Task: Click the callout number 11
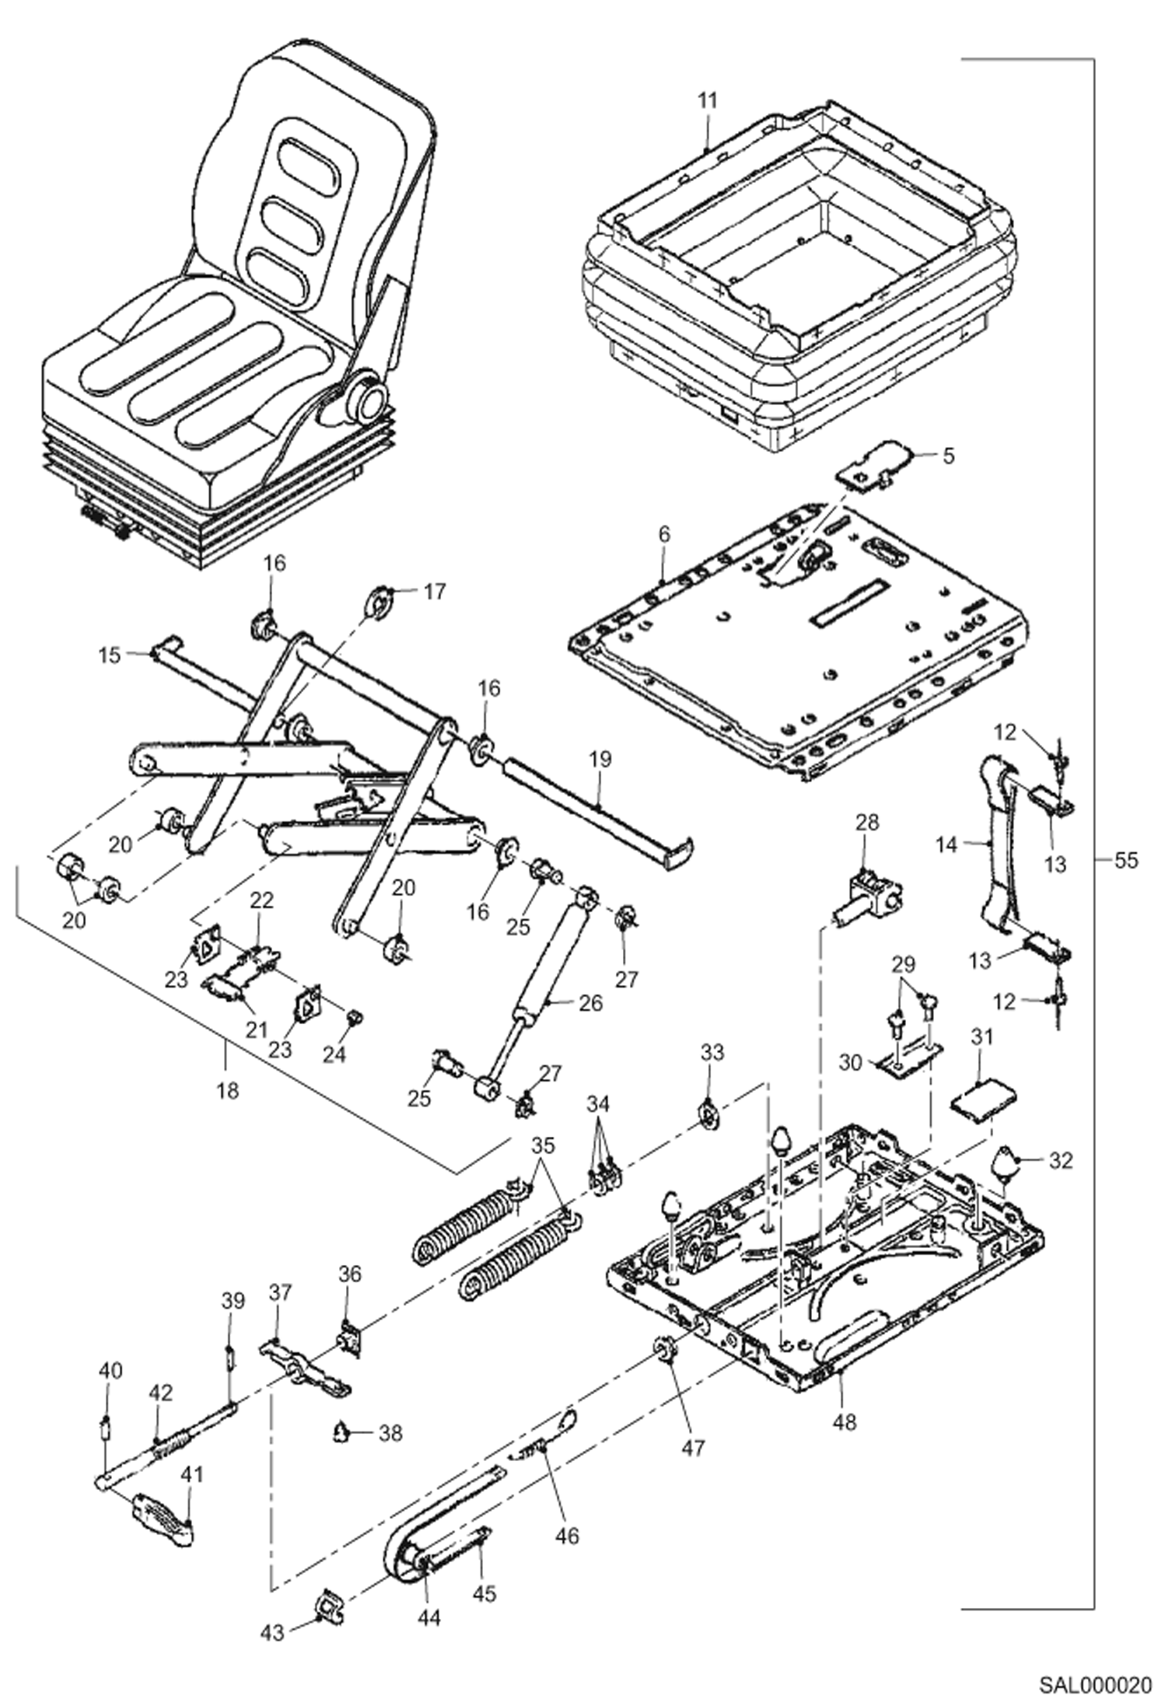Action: (707, 101)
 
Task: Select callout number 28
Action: (866, 823)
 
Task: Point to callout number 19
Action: (600, 758)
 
